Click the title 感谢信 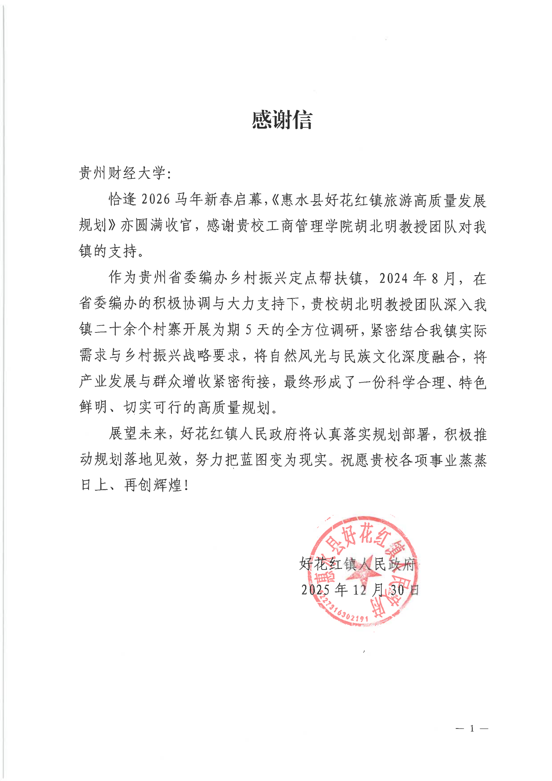[282, 120]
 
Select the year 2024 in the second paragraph [393, 278]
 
